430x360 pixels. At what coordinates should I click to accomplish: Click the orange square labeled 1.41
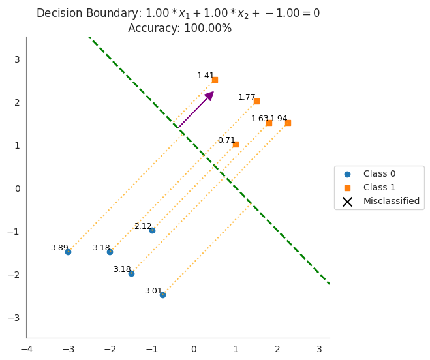pyautogui.click(x=215, y=80)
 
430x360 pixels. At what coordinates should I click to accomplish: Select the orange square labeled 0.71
pyautogui.click(x=236, y=144)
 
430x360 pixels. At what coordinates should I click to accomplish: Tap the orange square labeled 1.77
pyautogui.click(x=256, y=101)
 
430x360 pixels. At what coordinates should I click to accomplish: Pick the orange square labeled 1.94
pyautogui.click(x=288, y=123)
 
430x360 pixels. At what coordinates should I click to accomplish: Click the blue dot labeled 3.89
pyautogui.click(x=68, y=252)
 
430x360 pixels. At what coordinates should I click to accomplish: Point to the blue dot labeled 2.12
pyautogui.click(x=152, y=230)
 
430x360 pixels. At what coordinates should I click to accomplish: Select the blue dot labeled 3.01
pyautogui.click(x=162, y=295)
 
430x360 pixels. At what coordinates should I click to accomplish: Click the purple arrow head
pyautogui.click(x=209, y=96)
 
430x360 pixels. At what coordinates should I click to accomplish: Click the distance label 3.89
pyautogui.click(x=59, y=248)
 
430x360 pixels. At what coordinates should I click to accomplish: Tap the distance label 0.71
pyautogui.click(x=226, y=140)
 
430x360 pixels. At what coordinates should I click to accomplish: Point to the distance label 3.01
pyautogui.click(x=153, y=291)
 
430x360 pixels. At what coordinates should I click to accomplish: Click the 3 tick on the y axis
pyautogui.click(x=18, y=59)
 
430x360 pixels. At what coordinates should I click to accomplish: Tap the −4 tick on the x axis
pyautogui.click(x=26, y=349)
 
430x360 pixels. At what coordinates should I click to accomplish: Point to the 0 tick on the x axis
pyautogui.click(x=194, y=349)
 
